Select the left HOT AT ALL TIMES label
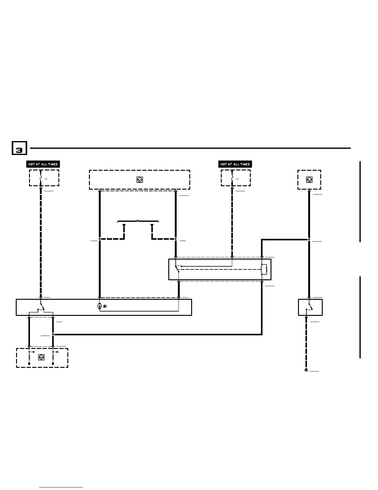pos(43,164)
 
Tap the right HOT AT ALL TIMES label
pos(235,164)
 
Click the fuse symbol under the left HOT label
pos(40,179)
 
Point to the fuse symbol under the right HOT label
pos(232,179)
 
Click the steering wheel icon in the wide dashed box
pos(140,179)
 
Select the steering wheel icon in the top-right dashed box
pos(309,179)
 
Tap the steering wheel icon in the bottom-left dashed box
pos(41,357)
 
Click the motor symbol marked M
pos(99,306)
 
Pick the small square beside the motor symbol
pos(105,306)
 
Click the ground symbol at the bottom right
pos(306,370)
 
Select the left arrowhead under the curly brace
pos(124,226)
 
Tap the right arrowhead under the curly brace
pos(152,226)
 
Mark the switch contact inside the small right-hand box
pos(309,307)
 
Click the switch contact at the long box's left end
pos(41,308)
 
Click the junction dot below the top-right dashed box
pos(309,239)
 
